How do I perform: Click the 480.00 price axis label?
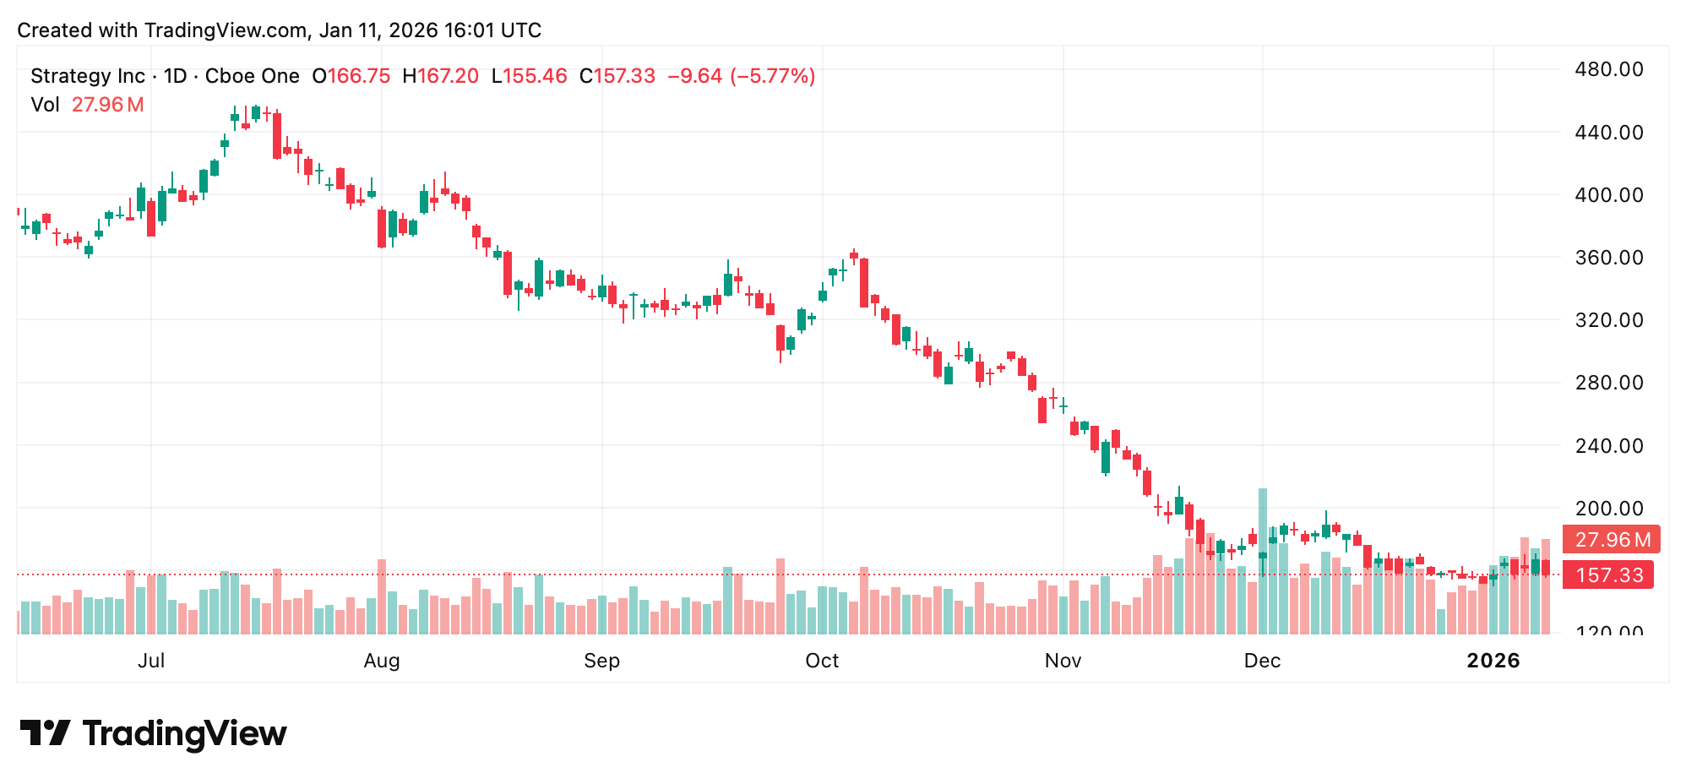tap(1608, 69)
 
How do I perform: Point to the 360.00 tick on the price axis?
tap(1608, 258)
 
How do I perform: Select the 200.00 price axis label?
tap(1608, 509)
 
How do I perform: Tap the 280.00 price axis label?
tap(1608, 383)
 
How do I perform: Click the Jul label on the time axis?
tap(151, 661)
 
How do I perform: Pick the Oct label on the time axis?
tap(822, 661)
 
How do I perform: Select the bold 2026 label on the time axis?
tap(1493, 661)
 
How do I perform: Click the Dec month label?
tap(1262, 661)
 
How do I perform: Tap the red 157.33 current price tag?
tap(1608, 575)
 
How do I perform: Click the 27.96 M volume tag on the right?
tap(1612, 539)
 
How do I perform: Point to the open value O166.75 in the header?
tap(351, 76)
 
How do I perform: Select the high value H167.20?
tap(440, 76)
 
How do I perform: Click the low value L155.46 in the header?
tap(530, 76)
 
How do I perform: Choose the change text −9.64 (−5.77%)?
tap(741, 76)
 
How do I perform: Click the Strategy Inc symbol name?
tap(88, 76)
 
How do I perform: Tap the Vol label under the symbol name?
tap(45, 105)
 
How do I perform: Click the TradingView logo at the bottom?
tap(153, 733)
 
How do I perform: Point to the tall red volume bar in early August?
tap(382, 596)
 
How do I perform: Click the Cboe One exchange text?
tap(253, 76)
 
